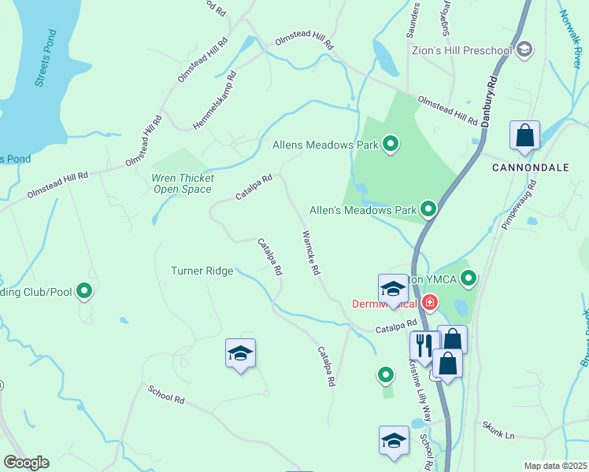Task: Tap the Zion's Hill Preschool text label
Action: pos(461,51)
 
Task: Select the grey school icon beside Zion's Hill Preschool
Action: pos(525,50)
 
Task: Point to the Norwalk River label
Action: pos(573,35)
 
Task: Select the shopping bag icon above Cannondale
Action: pos(524,137)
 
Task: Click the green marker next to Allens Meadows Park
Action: pos(390,144)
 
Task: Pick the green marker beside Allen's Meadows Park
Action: pos(428,209)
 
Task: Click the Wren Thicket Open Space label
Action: pos(182,183)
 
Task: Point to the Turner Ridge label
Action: pos(202,271)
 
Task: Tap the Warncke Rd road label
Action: pos(310,253)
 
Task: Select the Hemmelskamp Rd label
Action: pos(215,102)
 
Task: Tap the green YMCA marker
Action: pos(469,278)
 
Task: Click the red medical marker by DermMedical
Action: pos(430,302)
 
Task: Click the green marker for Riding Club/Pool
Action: pos(84,292)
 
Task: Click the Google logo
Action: pos(26,463)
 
